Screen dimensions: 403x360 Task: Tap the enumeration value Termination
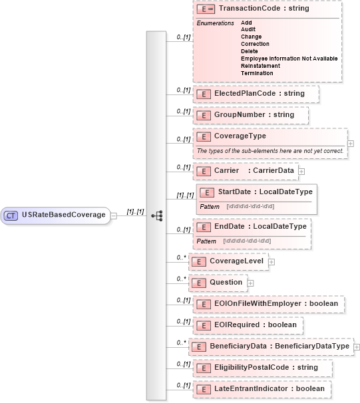click(x=257, y=73)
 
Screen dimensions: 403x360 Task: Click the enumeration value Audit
click(x=248, y=29)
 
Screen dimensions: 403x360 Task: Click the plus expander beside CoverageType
click(x=351, y=143)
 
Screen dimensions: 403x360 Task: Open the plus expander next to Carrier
click(x=301, y=171)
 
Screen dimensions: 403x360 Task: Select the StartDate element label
click(x=256, y=192)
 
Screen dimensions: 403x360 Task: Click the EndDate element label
click(x=252, y=227)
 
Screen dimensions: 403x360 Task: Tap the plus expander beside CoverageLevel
click(x=271, y=261)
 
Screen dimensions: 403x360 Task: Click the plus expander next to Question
click(x=250, y=283)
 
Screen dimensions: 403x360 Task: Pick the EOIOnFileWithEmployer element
click(x=269, y=304)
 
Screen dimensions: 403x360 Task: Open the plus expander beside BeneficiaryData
click(x=357, y=346)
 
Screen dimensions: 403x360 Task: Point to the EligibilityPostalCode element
click(x=262, y=367)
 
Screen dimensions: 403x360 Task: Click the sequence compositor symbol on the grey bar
click(x=157, y=215)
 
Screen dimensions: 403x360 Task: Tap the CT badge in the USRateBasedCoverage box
click(x=11, y=215)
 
